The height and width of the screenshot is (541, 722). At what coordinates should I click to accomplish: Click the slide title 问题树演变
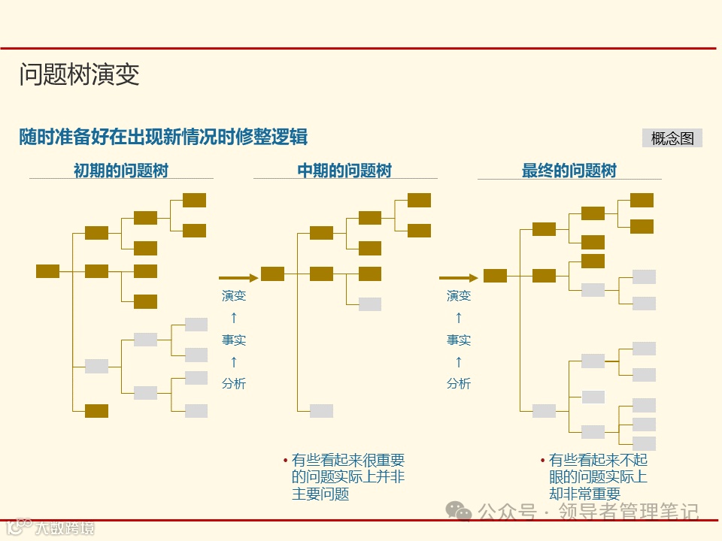pyautogui.click(x=79, y=75)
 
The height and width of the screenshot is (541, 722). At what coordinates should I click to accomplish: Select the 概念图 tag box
pyautogui.click(x=672, y=138)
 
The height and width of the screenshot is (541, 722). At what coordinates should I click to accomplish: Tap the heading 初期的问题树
pyautogui.click(x=120, y=171)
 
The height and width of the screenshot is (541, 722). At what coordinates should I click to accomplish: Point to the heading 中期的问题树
pyautogui.click(x=344, y=171)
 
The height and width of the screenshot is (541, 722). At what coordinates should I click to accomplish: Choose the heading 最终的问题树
pyautogui.click(x=569, y=171)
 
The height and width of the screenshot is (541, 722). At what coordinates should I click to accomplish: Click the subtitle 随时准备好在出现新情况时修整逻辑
pyautogui.click(x=163, y=137)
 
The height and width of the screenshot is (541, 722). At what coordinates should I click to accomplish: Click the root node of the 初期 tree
pyautogui.click(x=47, y=271)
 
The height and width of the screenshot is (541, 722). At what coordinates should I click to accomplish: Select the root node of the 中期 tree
pyautogui.click(x=272, y=274)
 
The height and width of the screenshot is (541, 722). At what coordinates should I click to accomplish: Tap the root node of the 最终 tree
pyautogui.click(x=495, y=276)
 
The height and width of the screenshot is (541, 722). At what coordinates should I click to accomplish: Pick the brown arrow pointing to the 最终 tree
pyautogui.click(x=458, y=278)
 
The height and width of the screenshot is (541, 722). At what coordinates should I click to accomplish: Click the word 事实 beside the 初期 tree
pyautogui.click(x=234, y=340)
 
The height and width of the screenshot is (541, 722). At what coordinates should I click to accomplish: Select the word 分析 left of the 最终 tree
pyautogui.click(x=459, y=383)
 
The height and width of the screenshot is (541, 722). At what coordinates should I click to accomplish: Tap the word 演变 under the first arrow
pyautogui.click(x=234, y=296)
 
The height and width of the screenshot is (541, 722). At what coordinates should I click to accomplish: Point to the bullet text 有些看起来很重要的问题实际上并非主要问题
pyautogui.click(x=347, y=477)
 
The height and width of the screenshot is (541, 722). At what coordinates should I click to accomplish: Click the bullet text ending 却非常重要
pyautogui.click(x=597, y=477)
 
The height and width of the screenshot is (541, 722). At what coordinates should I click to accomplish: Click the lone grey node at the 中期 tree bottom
pyautogui.click(x=321, y=410)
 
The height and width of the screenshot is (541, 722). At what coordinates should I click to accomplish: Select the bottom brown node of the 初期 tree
pyautogui.click(x=96, y=411)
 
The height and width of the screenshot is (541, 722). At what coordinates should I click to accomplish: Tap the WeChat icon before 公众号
pyautogui.click(x=459, y=510)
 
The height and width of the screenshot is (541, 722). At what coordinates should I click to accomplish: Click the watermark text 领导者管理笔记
pyautogui.click(x=628, y=512)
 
